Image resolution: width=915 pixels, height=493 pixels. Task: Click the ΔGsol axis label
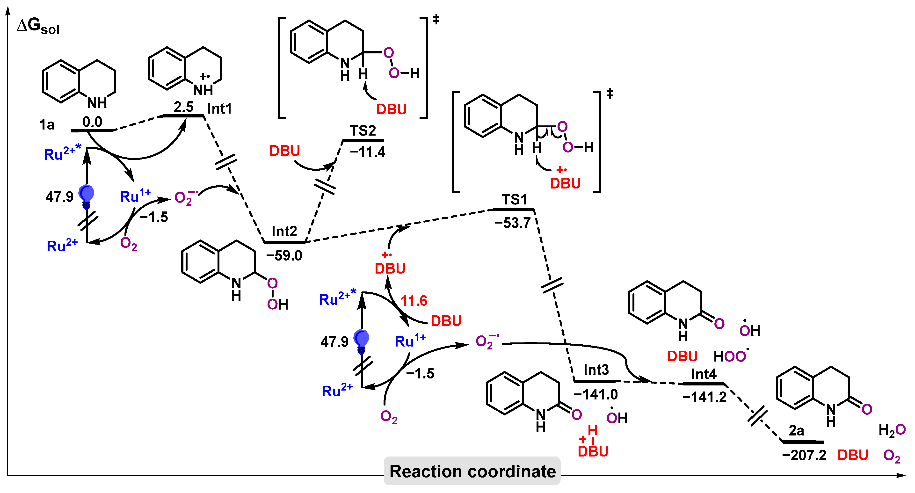coord(38,26)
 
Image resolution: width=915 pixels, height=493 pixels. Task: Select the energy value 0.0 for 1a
coord(92,122)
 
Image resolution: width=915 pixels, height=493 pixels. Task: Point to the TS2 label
coord(363,131)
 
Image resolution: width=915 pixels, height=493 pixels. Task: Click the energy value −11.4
coord(368,152)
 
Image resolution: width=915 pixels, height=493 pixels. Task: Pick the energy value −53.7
coord(513,223)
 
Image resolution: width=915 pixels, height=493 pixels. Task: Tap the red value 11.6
coord(414,301)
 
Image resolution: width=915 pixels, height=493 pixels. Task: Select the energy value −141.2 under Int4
coord(704,397)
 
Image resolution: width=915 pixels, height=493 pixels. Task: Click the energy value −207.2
coord(804,455)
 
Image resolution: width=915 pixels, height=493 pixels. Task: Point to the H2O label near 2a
coord(892,430)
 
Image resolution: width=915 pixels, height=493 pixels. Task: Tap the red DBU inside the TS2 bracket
coord(392,109)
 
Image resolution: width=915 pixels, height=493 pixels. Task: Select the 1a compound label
coord(47,125)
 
